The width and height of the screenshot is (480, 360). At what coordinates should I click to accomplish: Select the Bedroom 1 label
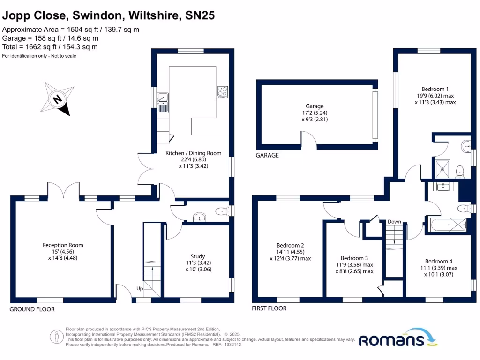point(435,89)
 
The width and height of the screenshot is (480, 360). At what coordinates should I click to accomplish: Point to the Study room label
point(197,256)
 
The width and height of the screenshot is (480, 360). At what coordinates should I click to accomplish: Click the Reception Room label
point(63,245)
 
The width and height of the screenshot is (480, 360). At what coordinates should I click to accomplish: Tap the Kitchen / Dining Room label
point(194,153)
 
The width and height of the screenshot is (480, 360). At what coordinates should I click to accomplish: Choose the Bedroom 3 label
point(354,258)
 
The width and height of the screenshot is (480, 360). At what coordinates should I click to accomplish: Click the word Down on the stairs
point(394,222)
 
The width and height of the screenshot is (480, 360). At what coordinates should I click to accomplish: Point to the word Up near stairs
point(140,289)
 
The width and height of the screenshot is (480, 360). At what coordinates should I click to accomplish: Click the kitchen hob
point(222,91)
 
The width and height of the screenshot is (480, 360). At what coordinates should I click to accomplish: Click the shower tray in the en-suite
point(443,169)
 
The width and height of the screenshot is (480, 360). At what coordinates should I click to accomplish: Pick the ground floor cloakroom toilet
point(220,212)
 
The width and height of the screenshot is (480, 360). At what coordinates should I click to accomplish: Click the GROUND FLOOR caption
point(32,309)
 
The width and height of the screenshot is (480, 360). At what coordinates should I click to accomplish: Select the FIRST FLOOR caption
point(269,308)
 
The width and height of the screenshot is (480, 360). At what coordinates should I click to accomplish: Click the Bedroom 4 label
point(438,262)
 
